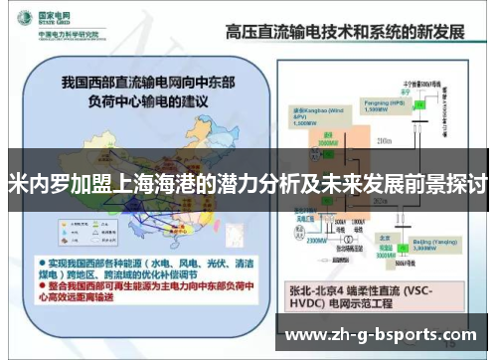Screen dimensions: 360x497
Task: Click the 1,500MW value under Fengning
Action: [x=371, y=109]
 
